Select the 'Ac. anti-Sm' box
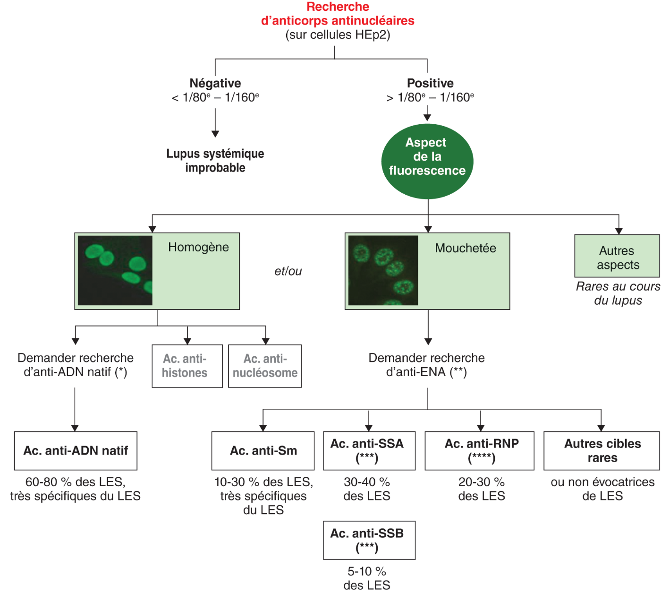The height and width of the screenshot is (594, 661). [x=263, y=451]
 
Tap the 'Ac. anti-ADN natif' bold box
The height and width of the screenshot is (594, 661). [x=76, y=451]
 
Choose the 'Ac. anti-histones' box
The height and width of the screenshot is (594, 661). [x=187, y=366]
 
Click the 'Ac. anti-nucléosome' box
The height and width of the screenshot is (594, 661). [x=265, y=366]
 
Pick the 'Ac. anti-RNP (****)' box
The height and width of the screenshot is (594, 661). [x=480, y=451]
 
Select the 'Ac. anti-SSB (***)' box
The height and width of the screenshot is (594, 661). [x=369, y=540]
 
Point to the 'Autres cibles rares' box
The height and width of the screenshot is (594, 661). [x=602, y=451]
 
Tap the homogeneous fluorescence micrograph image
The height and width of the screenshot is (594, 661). [x=115, y=270]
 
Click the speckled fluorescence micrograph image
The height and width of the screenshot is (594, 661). [x=383, y=270]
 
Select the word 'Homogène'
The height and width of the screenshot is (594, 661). [x=198, y=247]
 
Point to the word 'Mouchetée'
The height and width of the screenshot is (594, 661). [x=465, y=248]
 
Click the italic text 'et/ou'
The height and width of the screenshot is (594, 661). [x=288, y=271]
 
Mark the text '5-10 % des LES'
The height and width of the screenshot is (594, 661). [x=367, y=578]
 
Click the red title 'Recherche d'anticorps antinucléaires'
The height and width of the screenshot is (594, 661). [x=338, y=14]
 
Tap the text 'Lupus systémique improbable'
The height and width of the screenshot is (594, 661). [x=215, y=161]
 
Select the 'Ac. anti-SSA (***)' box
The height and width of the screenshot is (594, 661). [x=369, y=451]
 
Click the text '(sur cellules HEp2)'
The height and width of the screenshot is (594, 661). [x=338, y=35]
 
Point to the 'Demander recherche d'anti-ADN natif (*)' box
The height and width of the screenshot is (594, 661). [x=76, y=365]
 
